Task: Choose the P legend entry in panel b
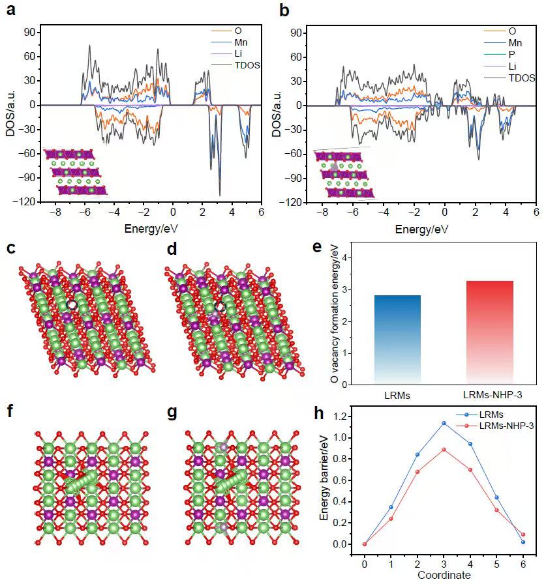pyautogui.click(x=511, y=54)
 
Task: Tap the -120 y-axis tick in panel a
pyautogui.click(x=27, y=203)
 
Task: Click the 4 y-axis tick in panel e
pyautogui.click(x=357, y=257)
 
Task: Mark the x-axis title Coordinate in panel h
pyautogui.click(x=443, y=576)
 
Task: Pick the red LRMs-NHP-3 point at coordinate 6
pyautogui.click(x=523, y=534)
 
